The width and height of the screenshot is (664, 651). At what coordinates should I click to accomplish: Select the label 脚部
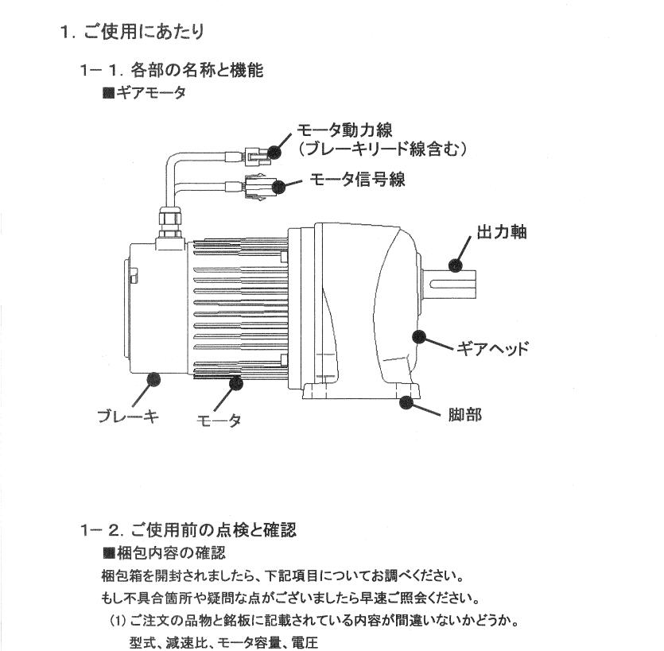click(464, 414)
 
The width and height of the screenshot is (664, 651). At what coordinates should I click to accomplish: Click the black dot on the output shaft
click(456, 265)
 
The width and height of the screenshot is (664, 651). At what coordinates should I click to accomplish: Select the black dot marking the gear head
click(419, 336)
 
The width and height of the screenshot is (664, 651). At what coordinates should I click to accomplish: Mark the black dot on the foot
click(408, 402)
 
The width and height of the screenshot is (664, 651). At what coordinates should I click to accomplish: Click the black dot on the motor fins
click(235, 384)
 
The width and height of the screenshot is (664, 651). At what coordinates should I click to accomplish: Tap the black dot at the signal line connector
click(278, 187)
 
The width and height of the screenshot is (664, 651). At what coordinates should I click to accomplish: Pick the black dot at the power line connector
click(274, 151)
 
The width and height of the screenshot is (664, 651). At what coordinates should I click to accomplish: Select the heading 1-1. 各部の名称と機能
click(171, 71)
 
